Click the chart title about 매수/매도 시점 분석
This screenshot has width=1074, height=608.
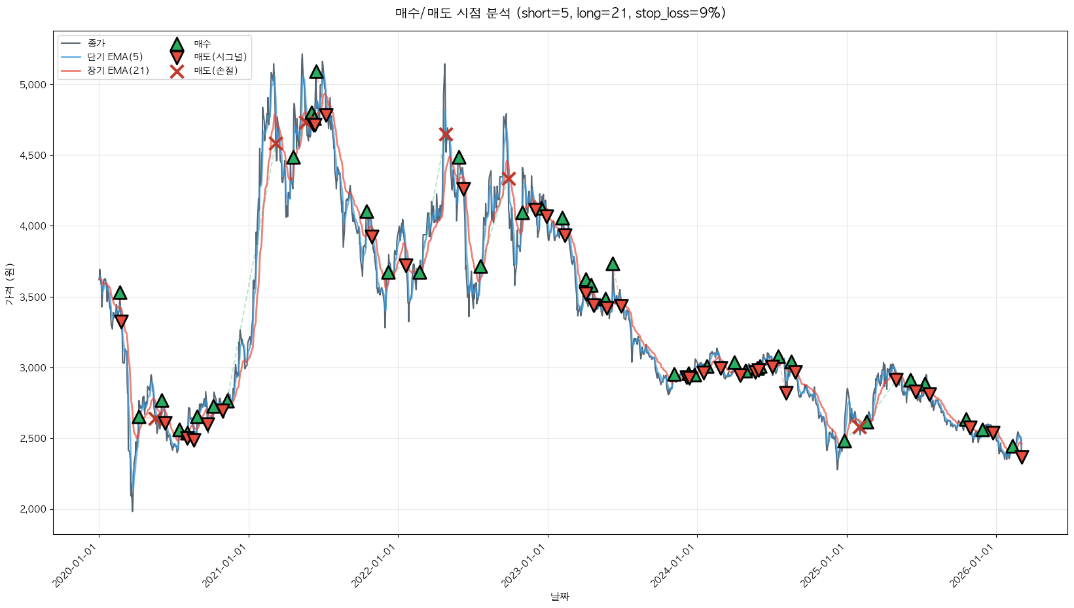[560, 13]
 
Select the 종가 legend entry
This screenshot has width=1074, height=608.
[96, 43]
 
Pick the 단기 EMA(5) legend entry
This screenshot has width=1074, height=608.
[115, 57]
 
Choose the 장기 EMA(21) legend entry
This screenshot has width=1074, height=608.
[118, 71]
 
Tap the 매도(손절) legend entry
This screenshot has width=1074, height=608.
[215, 71]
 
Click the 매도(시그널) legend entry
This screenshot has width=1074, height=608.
[220, 57]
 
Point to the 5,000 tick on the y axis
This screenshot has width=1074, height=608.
[33, 85]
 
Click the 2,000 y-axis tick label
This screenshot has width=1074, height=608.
[33, 509]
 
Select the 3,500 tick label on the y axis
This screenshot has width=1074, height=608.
[33, 297]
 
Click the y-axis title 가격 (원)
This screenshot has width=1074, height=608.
[9, 284]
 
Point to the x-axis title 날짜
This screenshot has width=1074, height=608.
[560, 596]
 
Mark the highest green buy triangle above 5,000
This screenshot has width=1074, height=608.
[317, 71]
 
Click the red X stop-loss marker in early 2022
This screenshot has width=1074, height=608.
[446, 134]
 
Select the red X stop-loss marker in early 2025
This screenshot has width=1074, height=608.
[859, 427]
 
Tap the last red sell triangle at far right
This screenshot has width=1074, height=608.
[1022, 456]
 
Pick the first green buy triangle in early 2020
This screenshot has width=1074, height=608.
[120, 293]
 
